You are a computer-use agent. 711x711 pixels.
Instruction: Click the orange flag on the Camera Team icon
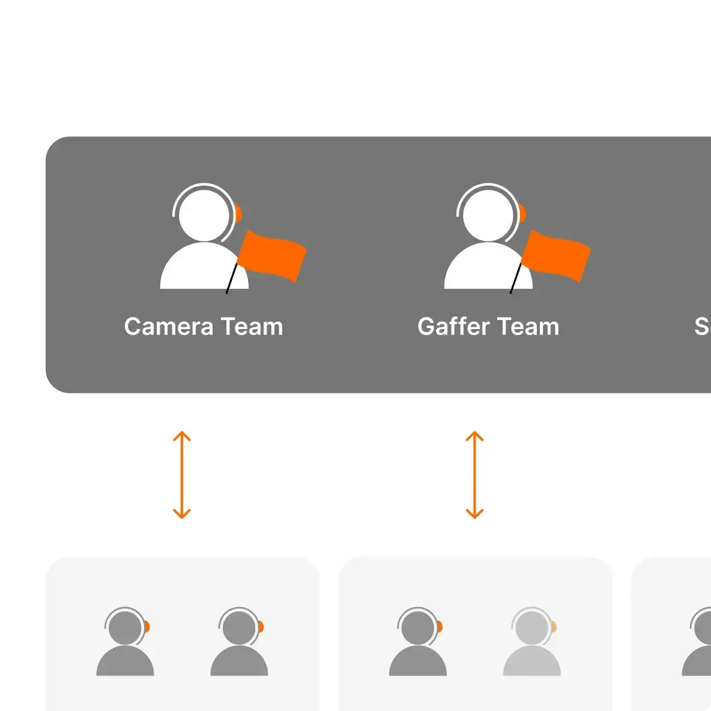click(273, 255)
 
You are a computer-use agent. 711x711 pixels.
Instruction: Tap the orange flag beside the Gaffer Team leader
click(557, 255)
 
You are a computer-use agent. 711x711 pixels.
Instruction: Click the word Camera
click(169, 327)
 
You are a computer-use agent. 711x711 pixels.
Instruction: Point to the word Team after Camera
click(252, 327)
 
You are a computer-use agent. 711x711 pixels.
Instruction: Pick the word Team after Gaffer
click(528, 327)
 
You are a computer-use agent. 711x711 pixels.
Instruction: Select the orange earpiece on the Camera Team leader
click(238, 213)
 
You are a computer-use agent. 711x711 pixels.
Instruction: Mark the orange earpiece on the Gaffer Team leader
click(522, 213)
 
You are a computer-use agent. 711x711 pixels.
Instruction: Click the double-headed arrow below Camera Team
click(182, 474)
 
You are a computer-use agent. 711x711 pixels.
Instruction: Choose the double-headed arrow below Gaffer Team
click(474, 474)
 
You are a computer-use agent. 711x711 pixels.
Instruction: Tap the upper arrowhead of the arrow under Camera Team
click(182, 435)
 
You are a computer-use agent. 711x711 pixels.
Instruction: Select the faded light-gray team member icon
click(532, 646)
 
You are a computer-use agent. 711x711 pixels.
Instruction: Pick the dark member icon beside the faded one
click(418, 646)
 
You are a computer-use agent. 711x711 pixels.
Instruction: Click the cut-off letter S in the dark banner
click(702, 327)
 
